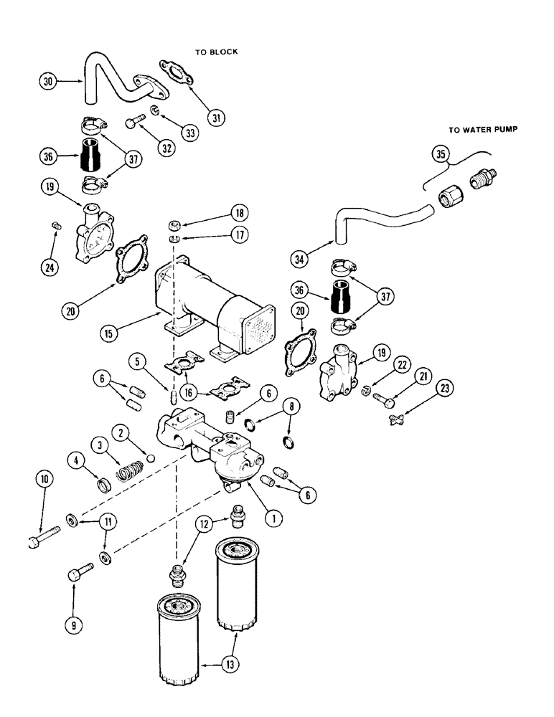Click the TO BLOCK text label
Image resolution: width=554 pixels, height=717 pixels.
[x=216, y=52]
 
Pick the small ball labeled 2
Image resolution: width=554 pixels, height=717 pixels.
[x=149, y=457]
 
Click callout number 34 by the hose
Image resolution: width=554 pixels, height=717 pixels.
[x=302, y=257]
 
